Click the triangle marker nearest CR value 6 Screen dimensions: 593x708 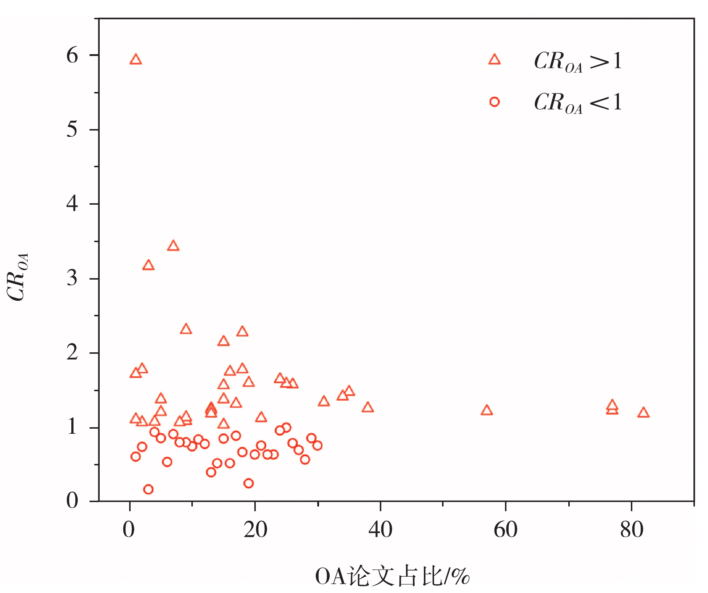point(135,60)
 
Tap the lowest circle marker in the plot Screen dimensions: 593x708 point(148,489)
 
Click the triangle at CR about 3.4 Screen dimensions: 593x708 point(173,246)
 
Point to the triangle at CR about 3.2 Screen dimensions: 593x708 point(148,265)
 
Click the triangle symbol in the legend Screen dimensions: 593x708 point(494,60)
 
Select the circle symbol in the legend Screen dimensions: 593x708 point(494,102)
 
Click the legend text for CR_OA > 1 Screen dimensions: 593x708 point(578,61)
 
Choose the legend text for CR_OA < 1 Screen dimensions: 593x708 point(578,103)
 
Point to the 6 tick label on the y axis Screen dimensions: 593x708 point(72,56)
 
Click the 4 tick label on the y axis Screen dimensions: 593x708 point(72,204)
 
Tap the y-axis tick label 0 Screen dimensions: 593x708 point(72,501)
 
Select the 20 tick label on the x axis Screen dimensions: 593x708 point(255,530)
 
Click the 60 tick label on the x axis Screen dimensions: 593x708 point(506,530)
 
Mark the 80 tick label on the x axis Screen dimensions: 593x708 point(632,530)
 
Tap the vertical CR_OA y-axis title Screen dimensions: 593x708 point(17,277)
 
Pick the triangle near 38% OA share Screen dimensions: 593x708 point(367,408)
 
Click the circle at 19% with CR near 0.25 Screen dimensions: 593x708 point(248,483)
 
